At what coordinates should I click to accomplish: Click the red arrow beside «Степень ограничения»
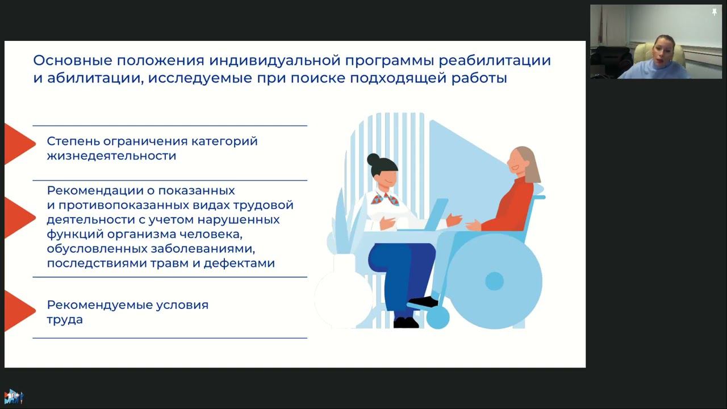[x=18, y=144]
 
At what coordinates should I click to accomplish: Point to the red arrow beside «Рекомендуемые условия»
[x=18, y=310]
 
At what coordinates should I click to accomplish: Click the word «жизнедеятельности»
[x=111, y=156]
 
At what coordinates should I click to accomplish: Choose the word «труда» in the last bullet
[x=65, y=320]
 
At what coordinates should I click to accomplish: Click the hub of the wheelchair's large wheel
[x=495, y=281]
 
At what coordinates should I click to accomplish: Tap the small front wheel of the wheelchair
[x=437, y=318]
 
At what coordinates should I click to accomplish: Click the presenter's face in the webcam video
[x=664, y=51]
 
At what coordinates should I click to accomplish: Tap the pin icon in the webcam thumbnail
[x=714, y=12]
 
